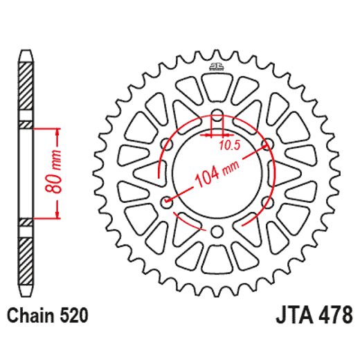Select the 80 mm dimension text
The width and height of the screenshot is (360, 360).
60,173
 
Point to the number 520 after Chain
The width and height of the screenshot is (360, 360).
73,317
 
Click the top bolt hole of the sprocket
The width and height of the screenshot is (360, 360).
217,115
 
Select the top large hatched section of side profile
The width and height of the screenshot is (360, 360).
25,89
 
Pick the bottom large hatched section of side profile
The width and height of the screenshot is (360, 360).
25,256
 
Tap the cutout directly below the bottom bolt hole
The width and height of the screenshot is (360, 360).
216,258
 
